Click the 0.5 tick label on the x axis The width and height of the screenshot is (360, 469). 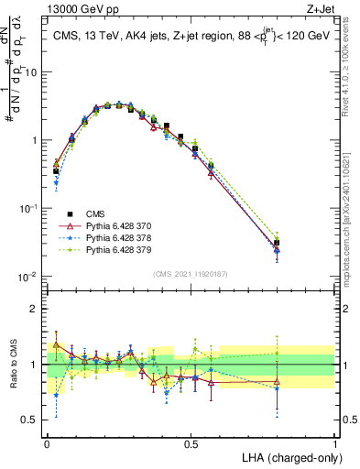click(x=191, y=442)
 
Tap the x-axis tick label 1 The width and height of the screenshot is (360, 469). click(x=335, y=442)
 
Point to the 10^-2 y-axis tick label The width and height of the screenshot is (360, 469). click(x=29, y=277)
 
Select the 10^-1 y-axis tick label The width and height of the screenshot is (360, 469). click(x=29, y=209)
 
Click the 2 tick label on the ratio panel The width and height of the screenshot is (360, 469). click(x=37, y=309)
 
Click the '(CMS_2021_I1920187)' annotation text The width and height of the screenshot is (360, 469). click(x=190, y=273)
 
